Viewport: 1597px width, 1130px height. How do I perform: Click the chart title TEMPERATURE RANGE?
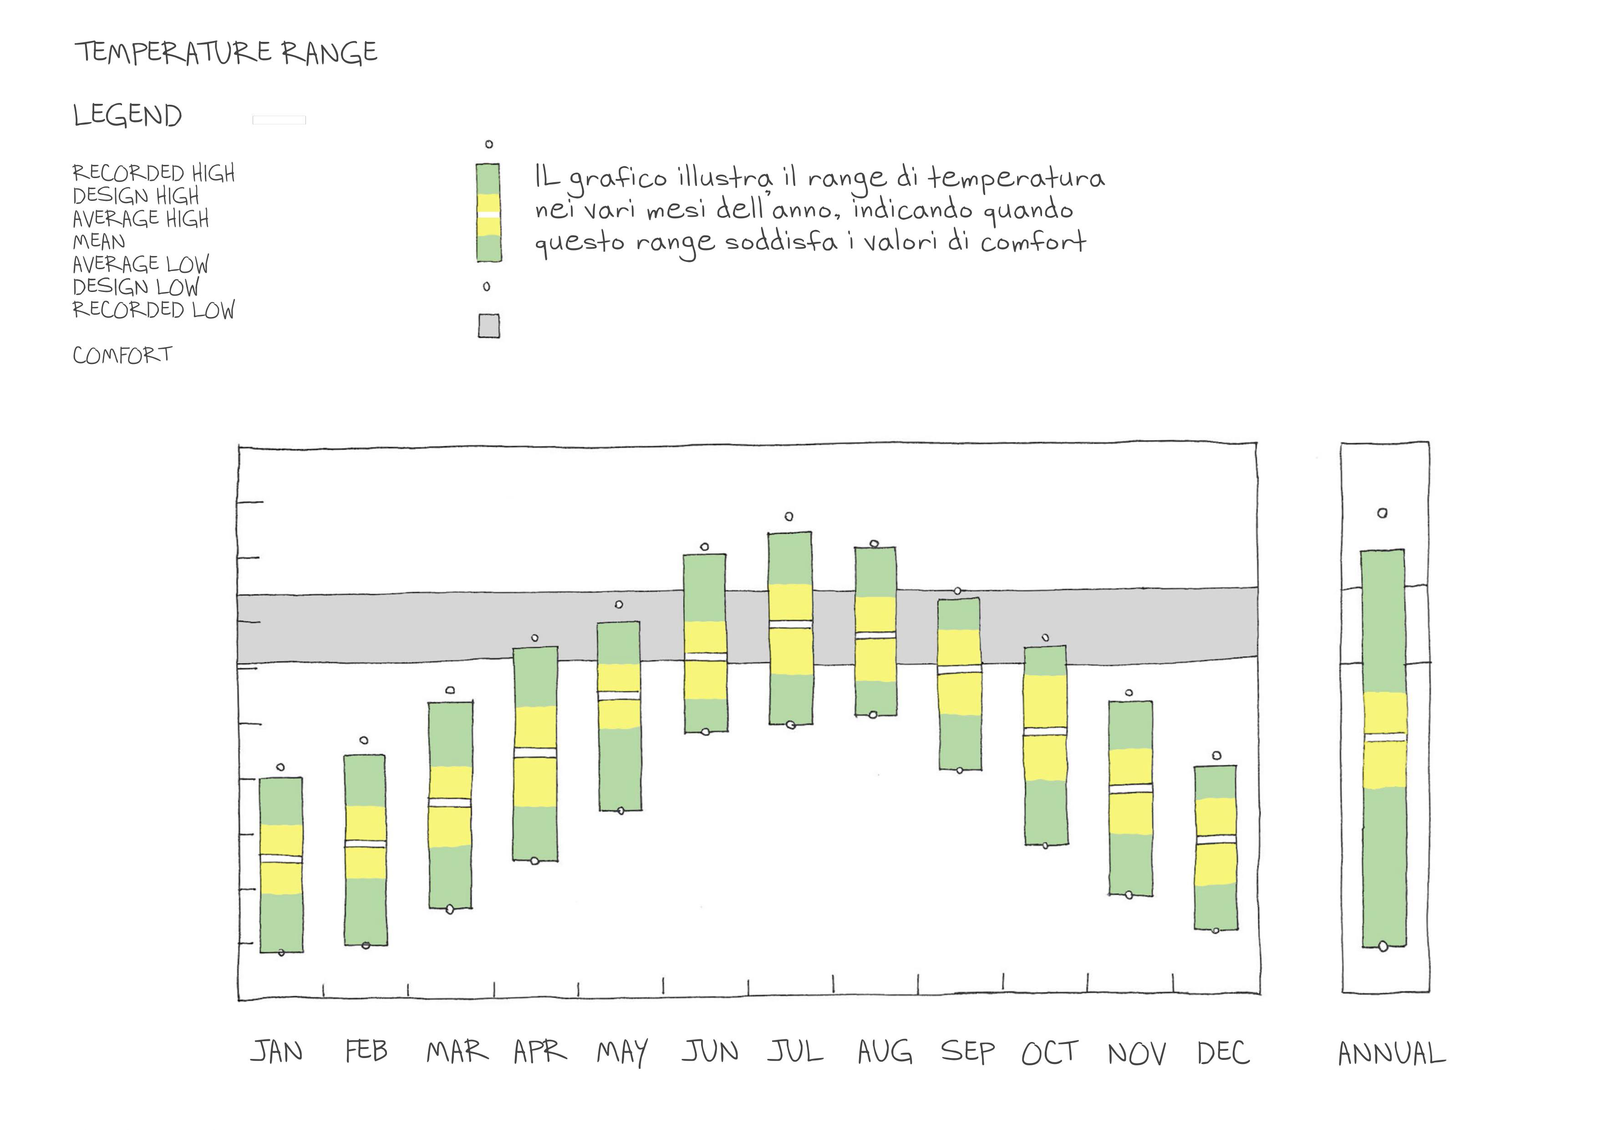(x=226, y=52)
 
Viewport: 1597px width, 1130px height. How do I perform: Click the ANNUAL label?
(x=1391, y=1053)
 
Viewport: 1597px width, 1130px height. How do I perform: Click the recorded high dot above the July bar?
(x=789, y=516)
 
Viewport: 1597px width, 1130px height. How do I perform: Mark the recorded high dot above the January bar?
(x=280, y=767)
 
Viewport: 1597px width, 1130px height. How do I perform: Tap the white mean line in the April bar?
(x=535, y=752)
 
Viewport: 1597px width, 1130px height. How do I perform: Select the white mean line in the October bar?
(x=1045, y=731)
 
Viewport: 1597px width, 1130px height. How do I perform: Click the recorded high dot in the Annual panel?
(x=1382, y=513)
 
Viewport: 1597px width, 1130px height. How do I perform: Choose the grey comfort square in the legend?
(x=488, y=326)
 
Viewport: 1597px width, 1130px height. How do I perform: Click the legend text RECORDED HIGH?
(x=154, y=173)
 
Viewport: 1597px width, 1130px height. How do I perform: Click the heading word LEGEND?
(x=127, y=116)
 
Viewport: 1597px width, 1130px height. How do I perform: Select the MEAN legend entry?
(x=99, y=241)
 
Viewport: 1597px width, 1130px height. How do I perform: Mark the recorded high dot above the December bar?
(x=1216, y=756)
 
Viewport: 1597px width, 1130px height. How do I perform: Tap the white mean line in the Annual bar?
(x=1383, y=736)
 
